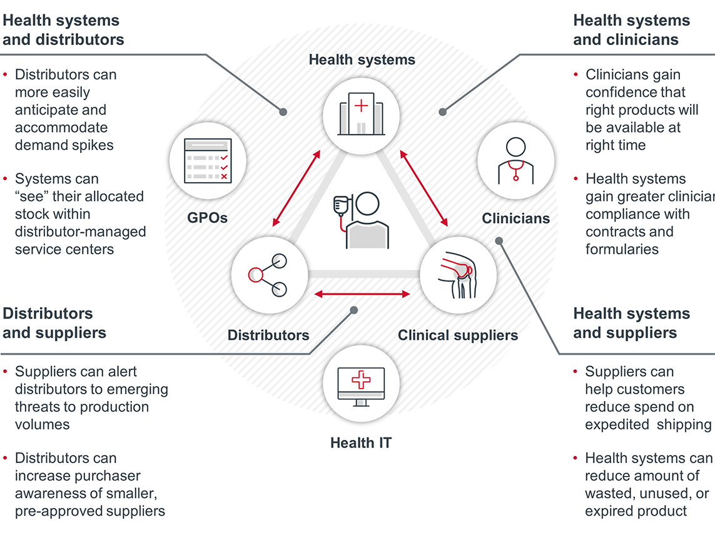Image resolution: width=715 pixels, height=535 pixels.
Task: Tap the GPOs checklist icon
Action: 208,161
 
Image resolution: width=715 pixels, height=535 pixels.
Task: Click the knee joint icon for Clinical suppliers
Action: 458,275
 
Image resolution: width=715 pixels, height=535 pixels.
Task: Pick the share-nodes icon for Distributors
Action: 268,274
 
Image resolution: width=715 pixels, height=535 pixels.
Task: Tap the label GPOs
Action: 207,218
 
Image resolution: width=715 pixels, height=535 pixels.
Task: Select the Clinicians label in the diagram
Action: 515,218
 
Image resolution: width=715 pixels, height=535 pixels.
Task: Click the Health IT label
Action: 361,443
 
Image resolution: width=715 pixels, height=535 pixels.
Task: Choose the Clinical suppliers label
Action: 458,335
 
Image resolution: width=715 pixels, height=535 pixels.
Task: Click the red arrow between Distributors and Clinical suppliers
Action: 362,293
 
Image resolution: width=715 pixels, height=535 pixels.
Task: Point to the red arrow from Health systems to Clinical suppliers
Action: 425,187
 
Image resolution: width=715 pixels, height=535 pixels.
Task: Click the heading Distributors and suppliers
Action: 54,323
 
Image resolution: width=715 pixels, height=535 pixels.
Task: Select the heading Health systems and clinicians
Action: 631,29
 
